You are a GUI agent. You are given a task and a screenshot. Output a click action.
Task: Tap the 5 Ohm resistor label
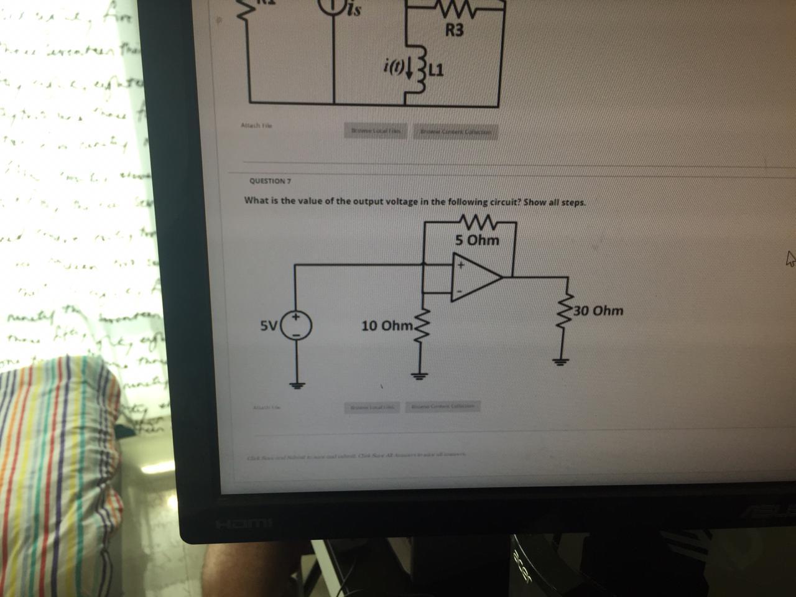tap(476, 240)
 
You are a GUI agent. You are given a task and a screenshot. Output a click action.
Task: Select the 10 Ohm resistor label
tap(386, 326)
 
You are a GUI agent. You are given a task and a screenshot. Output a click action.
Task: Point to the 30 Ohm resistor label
tap(598, 310)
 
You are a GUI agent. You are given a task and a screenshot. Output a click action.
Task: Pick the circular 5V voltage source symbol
tap(297, 325)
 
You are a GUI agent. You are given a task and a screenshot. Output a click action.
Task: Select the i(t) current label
tap(396, 65)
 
